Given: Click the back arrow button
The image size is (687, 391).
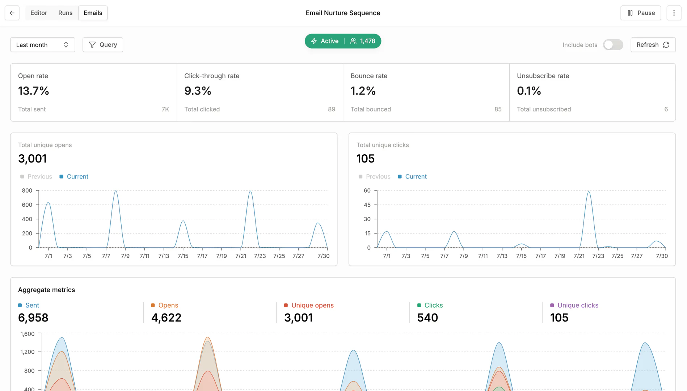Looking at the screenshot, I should [x=12, y=13].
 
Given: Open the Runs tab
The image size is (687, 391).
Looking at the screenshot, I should [x=65, y=13].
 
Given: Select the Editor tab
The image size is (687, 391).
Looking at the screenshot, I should [x=39, y=13].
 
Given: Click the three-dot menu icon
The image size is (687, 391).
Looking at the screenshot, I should [x=674, y=13].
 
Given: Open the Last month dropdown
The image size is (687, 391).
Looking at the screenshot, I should [x=42, y=45].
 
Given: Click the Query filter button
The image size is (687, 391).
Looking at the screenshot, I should [x=103, y=45].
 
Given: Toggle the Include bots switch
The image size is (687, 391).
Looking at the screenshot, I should [x=613, y=45].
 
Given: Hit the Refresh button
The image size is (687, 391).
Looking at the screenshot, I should [x=653, y=45].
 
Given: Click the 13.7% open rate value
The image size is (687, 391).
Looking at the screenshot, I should [x=34, y=91].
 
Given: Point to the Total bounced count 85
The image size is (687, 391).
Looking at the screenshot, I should [x=498, y=109].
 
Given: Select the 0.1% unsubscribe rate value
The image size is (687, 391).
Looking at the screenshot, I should [x=529, y=91].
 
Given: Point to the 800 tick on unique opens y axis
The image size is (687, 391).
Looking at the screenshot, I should [x=27, y=190].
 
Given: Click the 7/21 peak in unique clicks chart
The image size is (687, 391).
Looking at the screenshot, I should [x=589, y=192].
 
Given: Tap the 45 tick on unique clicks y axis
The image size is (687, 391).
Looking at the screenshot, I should [x=367, y=205].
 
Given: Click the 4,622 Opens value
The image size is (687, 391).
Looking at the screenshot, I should [x=166, y=318].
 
